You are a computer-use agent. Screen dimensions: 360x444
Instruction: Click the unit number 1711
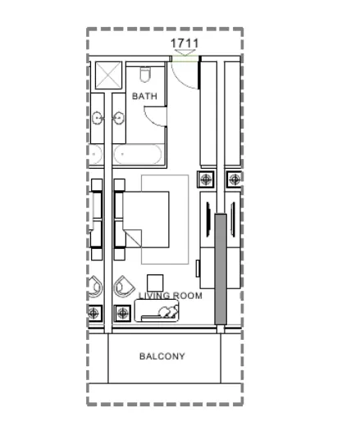coord(185,43)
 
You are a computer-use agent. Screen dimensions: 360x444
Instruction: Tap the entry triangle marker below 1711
coord(185,52)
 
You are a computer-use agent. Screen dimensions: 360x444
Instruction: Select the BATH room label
coord(144,97)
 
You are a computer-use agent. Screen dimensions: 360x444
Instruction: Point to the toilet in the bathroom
coord(145,75)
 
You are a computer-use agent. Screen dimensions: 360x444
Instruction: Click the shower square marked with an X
coord(108,75)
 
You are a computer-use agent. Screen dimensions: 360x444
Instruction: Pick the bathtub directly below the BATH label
coord(138,154)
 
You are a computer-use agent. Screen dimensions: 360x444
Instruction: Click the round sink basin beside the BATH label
coord(119,117)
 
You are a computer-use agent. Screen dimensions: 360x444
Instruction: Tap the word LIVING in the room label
coord(153,296)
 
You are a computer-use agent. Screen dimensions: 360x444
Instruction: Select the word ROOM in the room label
coord(187,296)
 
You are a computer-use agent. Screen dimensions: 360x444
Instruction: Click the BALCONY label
coord(162,356)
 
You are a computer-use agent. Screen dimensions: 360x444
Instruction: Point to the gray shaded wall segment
coord(221,269)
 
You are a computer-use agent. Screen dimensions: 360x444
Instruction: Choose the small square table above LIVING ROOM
coord(155,283)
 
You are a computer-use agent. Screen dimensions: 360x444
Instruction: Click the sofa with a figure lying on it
coord(157,310)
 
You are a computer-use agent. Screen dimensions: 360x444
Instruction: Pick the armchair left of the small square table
coord(124,287)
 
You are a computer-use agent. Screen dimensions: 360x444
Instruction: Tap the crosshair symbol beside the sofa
coord(122,313)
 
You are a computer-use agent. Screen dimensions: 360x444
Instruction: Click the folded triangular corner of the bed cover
coord(134,237)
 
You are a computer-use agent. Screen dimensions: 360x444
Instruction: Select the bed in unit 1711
coord(146,220)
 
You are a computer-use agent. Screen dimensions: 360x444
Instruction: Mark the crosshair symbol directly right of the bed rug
coord(206,179)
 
